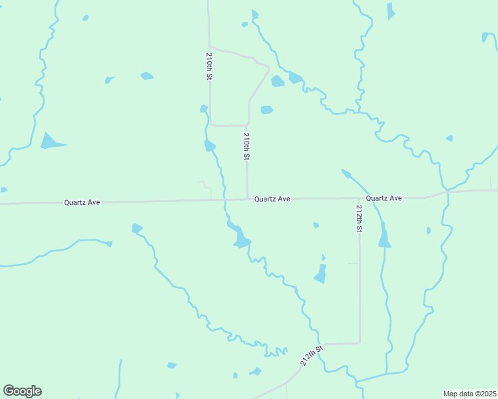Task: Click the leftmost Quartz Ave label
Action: pyautogui.click(x=82, y=201)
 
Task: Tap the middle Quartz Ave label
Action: pyautogui.click(x=272, y=198)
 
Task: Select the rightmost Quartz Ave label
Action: pyautogui.click(x=384, y=198)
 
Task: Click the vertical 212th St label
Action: pyautogui.click(x=359, y=218)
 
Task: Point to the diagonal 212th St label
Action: pyautogui.click(x=311, y=355)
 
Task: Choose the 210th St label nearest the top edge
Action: pyautogui.click(x=209, y=66)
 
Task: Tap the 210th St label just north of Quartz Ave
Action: pyautogui.click(x=246, y=146)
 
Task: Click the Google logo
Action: pyautogui.click(x=22, y=391)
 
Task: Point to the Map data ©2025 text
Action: pyautogui.click(x=469, y=394)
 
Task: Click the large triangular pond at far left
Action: pyautogui.click(x=50, y=142)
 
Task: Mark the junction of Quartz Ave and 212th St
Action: pyautogui.click(x=360, y=198)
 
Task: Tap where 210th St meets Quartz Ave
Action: pyautogui.click(x=248, y=199)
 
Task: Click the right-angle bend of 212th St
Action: pyautogui.click(x=360, y=343)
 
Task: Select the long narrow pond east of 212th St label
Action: pyautogui.click(x=384, y=236)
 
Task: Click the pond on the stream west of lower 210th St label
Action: pyautogui.click(x=210, y=146)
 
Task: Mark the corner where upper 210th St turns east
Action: pyautogui.click(x=211, y=124)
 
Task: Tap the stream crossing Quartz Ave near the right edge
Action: pyautogui.click(x=444, y=192)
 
